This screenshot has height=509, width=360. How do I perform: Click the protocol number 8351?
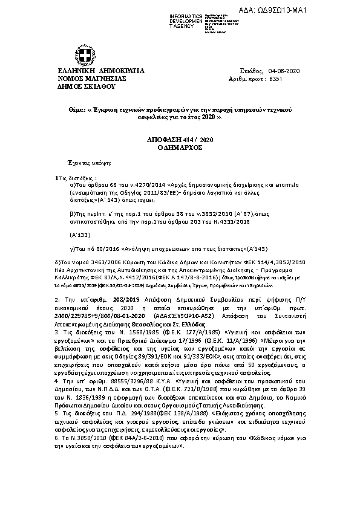click(275, 79)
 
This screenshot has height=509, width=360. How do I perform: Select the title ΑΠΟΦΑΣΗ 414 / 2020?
click(180, 140)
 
